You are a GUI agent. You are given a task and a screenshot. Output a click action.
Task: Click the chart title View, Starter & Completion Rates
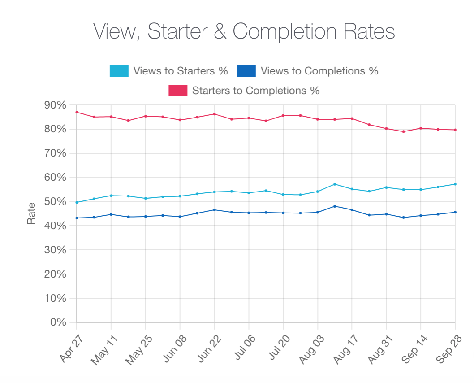coord(244,31)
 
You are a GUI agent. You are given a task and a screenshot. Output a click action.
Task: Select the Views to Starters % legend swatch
coord(119,71)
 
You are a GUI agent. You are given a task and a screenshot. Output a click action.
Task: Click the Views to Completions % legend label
coord(319,71)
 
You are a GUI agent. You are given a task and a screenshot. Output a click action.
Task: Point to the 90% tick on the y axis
coord(56,105)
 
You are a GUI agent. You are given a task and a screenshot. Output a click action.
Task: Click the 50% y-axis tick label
coord(56,202)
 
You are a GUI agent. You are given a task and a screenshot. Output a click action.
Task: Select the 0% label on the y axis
coord(58,322)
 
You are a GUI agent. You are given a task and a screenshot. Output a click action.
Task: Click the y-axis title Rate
coord(31,213)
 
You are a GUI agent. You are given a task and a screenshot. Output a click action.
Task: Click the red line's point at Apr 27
coord(77,112)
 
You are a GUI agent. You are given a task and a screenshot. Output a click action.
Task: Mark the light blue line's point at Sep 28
coord(455,184)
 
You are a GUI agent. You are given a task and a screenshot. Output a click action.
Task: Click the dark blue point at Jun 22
coord(214,210)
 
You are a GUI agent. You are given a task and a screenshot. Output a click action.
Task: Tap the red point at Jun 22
coord(214,114)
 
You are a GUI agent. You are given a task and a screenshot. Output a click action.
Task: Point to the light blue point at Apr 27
coord(77,202)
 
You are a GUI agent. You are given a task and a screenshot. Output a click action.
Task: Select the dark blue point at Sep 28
coord(455,212)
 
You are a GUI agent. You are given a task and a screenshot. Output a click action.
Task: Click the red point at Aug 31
coord(386,129)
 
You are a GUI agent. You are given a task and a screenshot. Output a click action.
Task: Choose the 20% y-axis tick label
coord(56,274)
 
